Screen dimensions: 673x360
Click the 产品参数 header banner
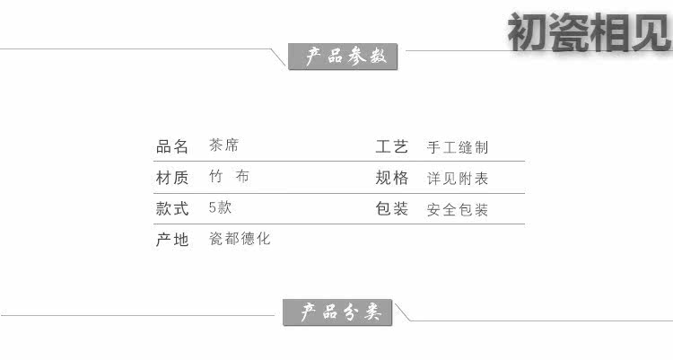(343, 57)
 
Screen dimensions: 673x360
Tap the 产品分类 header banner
(337, 312)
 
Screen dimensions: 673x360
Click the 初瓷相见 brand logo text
(590, 31)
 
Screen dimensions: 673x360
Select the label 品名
(172, 146)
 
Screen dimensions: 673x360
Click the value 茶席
(223, 145)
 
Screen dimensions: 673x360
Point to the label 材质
(172, 178)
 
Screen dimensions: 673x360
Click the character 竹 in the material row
(216, 176)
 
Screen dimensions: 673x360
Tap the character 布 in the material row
(242, 176)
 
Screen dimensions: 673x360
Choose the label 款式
(172, 209)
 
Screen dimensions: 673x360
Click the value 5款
(220, 207)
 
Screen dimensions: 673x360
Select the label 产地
(172, 240)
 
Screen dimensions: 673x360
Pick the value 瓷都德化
(240, 239)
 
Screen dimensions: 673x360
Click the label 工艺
(391, 147)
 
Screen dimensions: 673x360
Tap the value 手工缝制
(458, 147)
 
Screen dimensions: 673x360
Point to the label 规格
(392, 178)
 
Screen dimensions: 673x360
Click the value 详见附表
(458, 179)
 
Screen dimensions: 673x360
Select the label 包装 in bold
(391, 209)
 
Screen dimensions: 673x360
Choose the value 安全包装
(458, 210)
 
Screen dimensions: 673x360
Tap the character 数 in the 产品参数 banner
(378, 57)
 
